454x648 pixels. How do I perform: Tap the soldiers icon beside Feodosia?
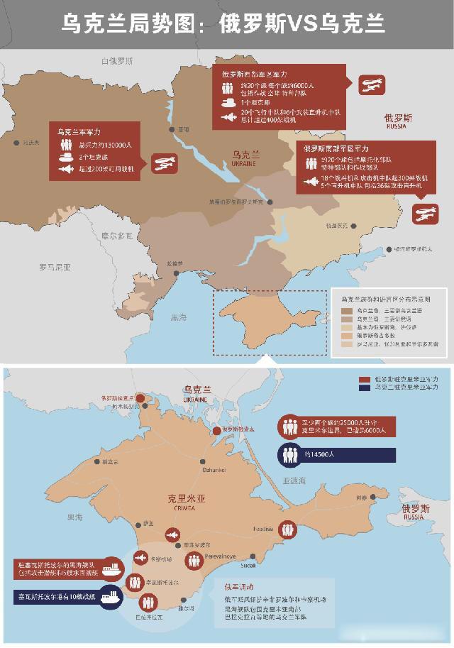point(287,529)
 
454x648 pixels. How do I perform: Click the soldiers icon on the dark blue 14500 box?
point(289,454)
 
